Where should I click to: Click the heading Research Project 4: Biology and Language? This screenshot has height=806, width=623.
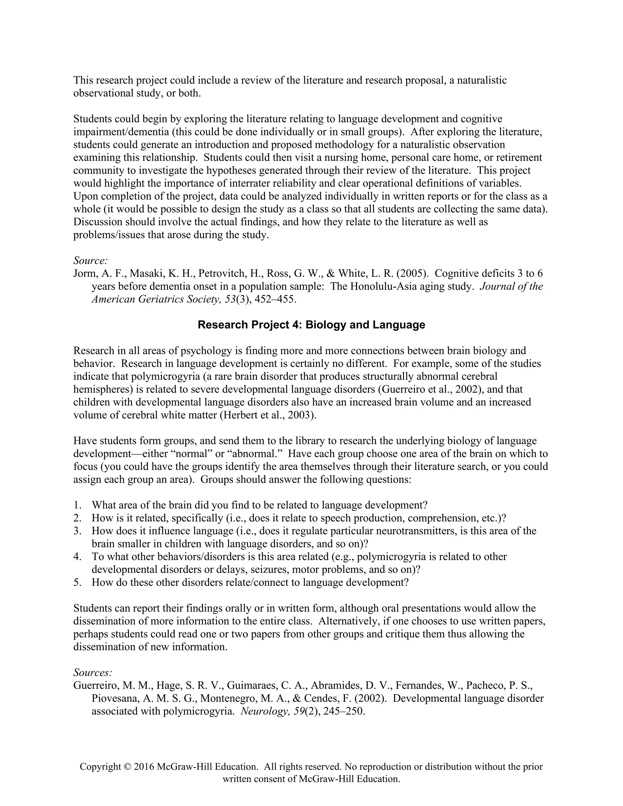(311, 325)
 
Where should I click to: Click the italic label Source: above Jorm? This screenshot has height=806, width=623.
(90, 261)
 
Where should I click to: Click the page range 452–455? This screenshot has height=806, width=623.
(275, 299)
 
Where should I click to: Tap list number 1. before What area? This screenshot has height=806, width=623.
(77, 505)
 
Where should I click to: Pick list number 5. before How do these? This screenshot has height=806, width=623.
(77, 582)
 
